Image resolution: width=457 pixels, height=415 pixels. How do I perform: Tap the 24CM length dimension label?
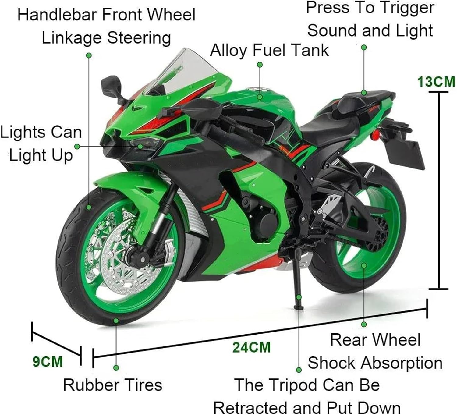pos(251,347)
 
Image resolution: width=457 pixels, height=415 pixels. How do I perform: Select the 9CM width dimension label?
pos(48,362)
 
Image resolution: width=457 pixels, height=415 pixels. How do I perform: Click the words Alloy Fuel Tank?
pos(269,50)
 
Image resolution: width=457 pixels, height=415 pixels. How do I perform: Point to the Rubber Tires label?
pos(113,385)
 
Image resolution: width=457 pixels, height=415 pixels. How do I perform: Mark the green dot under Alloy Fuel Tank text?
pos(260,65)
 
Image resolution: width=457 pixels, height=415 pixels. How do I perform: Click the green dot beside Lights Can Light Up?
pos(77,147)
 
